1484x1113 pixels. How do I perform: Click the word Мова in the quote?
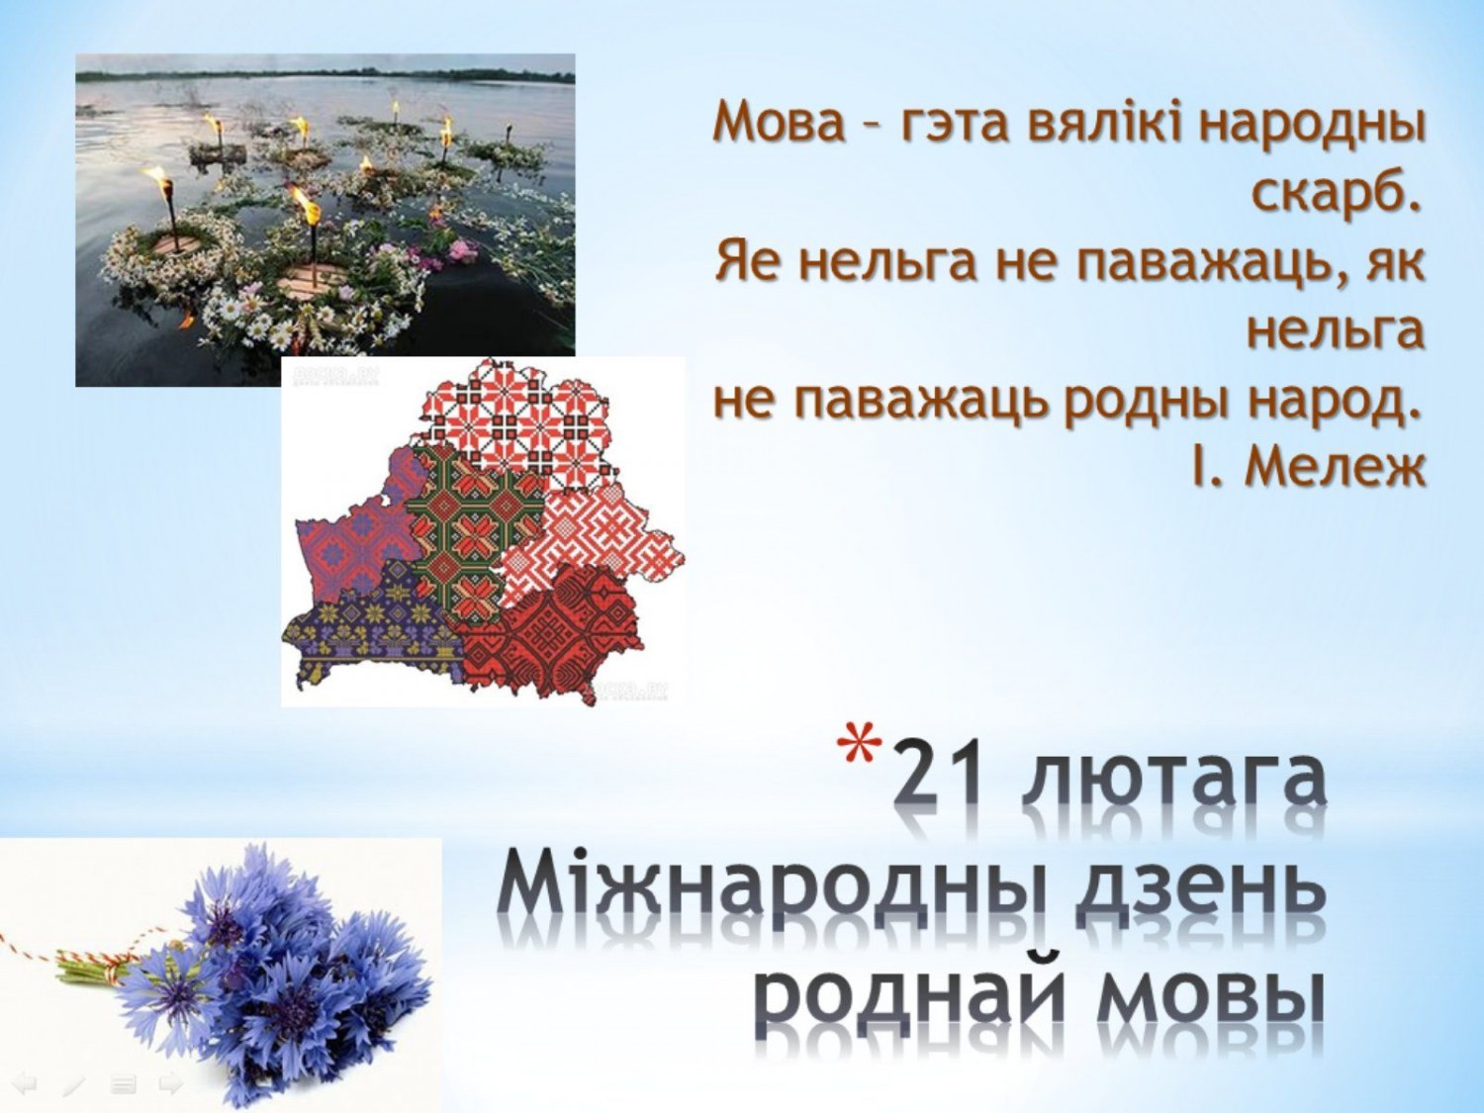click(x=779, y=125)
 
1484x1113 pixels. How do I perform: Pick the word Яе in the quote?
click(x=748, y=263)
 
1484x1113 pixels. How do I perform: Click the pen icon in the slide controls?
click(x=73, y=1085)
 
